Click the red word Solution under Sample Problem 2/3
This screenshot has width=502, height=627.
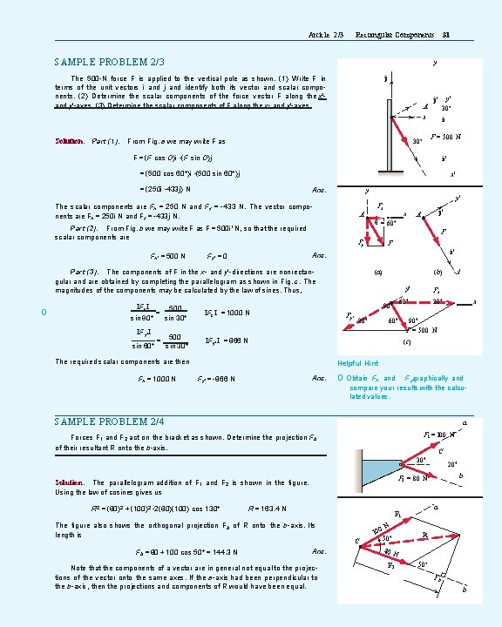coord(69,141)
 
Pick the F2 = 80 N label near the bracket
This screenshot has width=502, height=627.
coord(415,478)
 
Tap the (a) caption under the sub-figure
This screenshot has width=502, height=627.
coord(377,272)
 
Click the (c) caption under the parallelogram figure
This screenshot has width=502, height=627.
coord(407,342)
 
